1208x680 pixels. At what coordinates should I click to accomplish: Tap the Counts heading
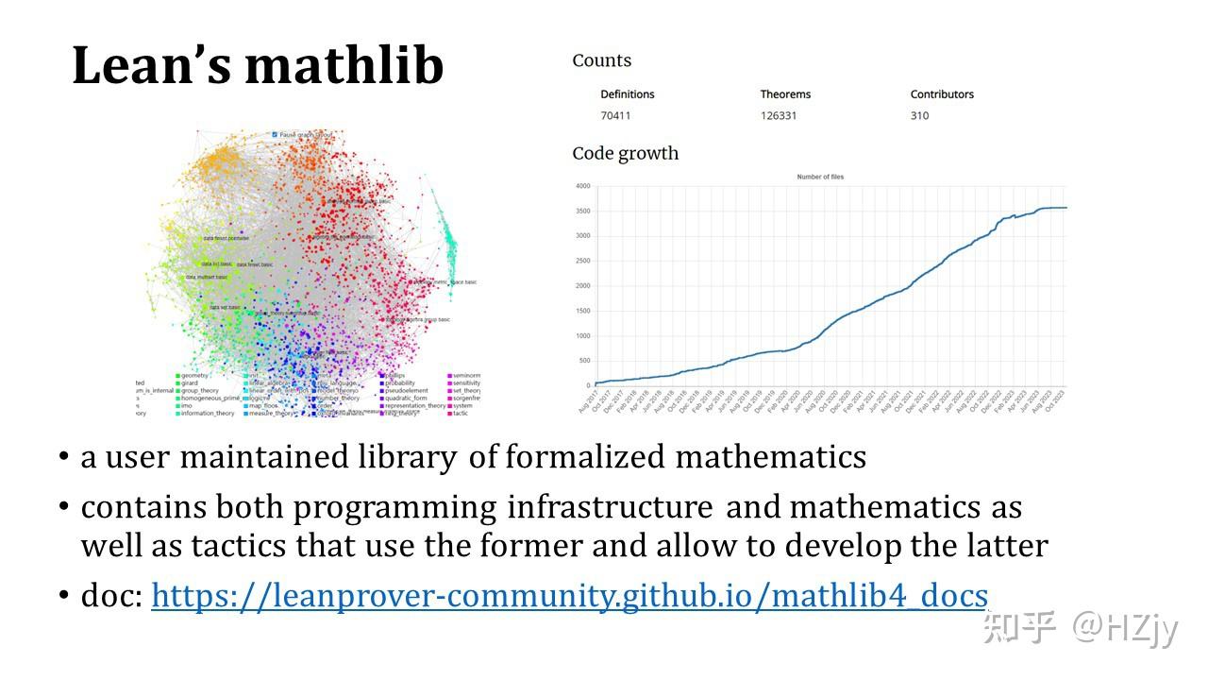click(x=601, y=60)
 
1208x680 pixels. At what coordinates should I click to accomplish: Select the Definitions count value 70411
click(x=615, y=116)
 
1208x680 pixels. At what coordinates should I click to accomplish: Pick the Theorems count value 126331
click(x=779, y=116)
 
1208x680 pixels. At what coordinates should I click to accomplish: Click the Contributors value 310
click(x=919, y=116)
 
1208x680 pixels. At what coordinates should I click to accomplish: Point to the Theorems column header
click(x=785, y=94)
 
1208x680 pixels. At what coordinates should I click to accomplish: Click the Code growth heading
click(x=625, y=153)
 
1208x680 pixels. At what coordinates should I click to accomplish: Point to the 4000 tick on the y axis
click(x=581, y=186)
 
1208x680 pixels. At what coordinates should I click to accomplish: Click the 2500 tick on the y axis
click(x=581, y=261)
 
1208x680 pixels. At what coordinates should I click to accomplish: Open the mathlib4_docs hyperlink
click(x=569, y=596)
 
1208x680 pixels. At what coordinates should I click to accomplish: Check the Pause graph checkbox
click(x=275, y=135)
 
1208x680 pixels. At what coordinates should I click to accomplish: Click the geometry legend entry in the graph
click(x=193, y=376)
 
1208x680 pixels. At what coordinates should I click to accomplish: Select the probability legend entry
click(x=402, y=383)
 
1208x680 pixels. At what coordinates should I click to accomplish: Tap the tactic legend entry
click(x=461, y=413)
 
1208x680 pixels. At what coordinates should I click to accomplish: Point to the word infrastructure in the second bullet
click(x=610, y=507)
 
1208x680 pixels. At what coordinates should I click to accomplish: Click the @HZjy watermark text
click(x=1125, y=626)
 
